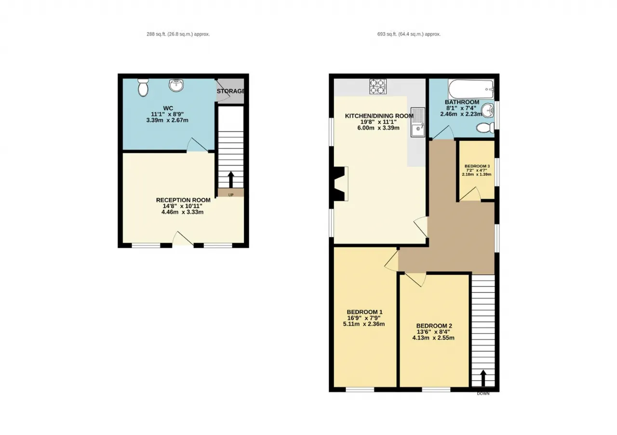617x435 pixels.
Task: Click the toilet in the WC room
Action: click(x=143, y=88)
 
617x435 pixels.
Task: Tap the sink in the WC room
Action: click(x=176, y=85)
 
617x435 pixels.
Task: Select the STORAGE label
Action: click(x=230, y=91)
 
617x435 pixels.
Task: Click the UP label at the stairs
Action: click(x=231, y=195)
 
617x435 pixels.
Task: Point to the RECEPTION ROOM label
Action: click(x=183, y=200)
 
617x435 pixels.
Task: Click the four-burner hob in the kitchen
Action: click(x=378, y=86)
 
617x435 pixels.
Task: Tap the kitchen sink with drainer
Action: click(x=418, y=122)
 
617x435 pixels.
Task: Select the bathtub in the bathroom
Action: click(x=471, y=89)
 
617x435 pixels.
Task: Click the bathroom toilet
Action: click(x=485, y=128)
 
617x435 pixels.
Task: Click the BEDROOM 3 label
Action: click(x=477, y=166)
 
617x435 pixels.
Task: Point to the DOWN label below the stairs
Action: click(x=483, y=394)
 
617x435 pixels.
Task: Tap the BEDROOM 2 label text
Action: click(x=434, y=326)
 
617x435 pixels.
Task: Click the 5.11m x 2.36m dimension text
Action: click(x=363, y=324)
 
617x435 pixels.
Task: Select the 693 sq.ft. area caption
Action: click(x=409, y=34)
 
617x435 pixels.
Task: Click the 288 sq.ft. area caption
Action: click(x=178, y=34)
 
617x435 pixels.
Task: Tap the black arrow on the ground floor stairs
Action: click(x=231, y=180)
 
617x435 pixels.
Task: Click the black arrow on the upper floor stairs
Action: click(x=483, y=378)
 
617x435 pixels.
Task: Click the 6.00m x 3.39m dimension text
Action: click(x=378, y=128)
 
